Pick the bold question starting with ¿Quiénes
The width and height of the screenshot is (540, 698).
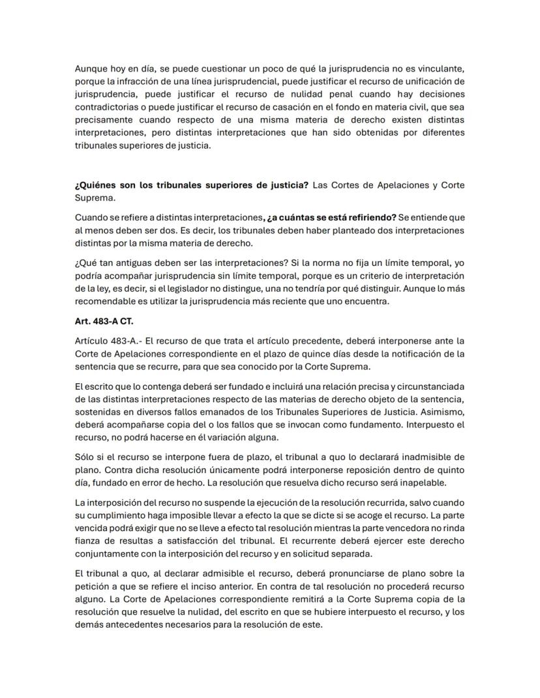192,185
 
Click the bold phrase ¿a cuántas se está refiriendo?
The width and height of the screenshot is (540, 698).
331,217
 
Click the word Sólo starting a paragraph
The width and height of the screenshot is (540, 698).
85,456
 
